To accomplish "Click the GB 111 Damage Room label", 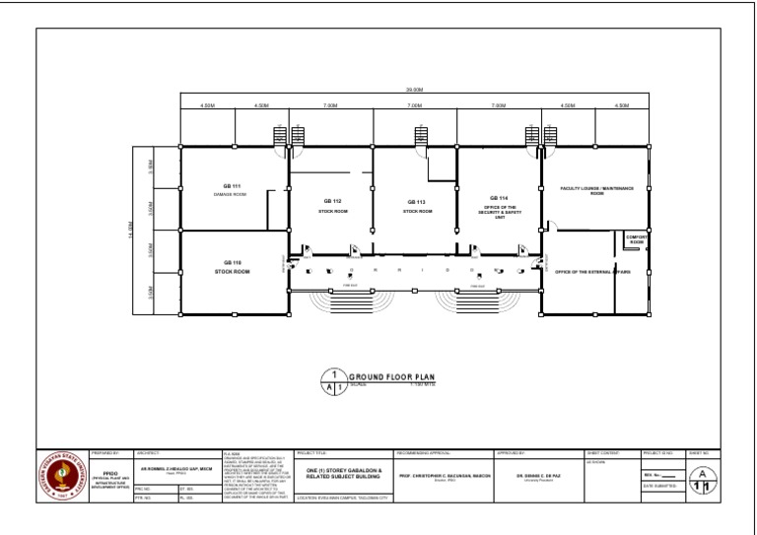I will click(230, 189).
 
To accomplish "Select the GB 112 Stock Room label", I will click(333, 205).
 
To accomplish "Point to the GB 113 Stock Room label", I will click(416, 206).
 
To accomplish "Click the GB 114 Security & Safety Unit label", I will click(499, 205).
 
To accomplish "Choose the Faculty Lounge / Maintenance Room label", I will click(596, 189).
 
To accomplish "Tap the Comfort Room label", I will click(637, 239).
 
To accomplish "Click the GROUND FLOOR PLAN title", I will click(392, 377).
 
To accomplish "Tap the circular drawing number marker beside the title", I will click(335, 381).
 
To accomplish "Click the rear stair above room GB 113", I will click(420, 136).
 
